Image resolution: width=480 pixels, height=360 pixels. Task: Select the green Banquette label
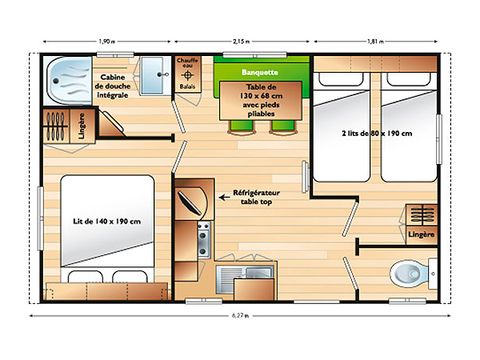click(x=260, y=73)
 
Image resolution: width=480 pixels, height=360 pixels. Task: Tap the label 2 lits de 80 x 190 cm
click(x=376, y=133)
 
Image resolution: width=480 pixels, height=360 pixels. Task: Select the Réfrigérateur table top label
click(x=260, y=196)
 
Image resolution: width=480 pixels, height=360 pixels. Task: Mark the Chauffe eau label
click(x=187, y=65)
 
